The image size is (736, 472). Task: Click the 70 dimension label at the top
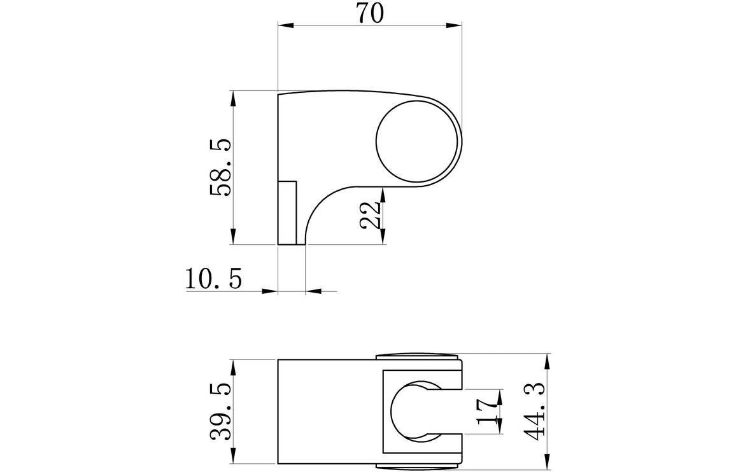tap(370, 13)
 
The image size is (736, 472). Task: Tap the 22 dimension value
tap(370, 214)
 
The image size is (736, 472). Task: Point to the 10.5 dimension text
tap(214, 279)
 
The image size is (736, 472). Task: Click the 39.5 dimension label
tap(220, 411)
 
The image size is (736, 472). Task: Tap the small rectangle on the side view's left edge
tap(288, 212)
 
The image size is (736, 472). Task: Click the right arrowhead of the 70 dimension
tap(455, 25)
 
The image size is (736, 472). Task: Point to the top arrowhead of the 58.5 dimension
tap(234, 97)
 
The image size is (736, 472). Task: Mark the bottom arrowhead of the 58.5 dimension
tap(234, 237)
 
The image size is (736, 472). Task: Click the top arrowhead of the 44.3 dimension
tap(547, 361)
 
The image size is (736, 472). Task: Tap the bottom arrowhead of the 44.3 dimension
tap(547, 463)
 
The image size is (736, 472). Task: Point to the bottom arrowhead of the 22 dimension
tap(383, 237)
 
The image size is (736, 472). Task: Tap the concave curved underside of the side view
tap(322, 204)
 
